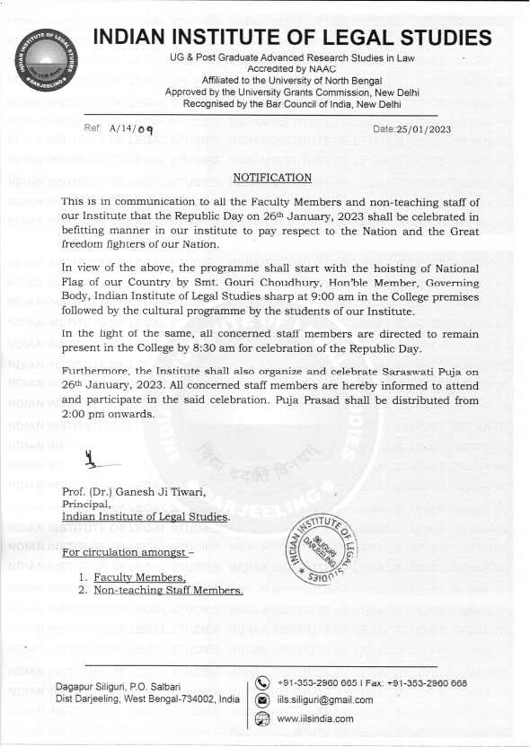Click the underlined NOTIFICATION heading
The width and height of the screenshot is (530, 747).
point(272,178)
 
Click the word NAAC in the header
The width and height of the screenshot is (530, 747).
point(314,67)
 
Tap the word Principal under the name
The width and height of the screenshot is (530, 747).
point(86,505)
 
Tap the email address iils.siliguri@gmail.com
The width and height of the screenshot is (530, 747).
point(325,700)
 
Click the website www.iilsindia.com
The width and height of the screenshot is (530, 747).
point(315,718)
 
